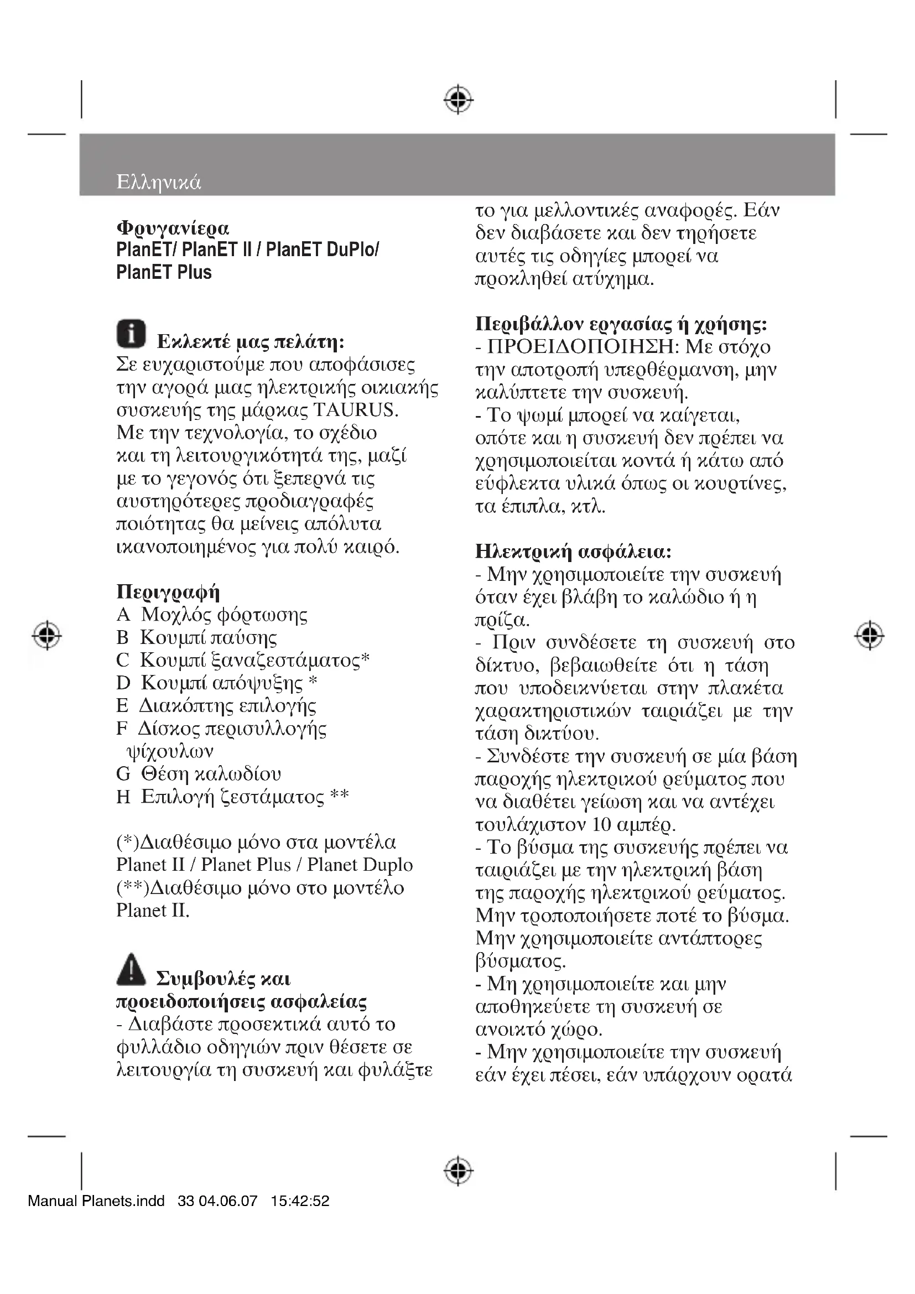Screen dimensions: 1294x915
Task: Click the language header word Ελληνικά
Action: click(x=158, y=183)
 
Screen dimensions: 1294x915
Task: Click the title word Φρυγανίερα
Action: click(x=173, y=228)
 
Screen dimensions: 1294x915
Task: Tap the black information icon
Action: click(x=131, y=333)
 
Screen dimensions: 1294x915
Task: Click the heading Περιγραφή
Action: click(x=168, y=592)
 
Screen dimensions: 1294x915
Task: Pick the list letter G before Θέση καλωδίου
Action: click(x=123, y=774)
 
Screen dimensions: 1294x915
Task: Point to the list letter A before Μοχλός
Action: click(x=123, y=615)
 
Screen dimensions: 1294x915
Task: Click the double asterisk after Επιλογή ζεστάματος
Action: click(x=339, y=795)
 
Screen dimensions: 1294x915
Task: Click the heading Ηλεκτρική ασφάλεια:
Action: click(x=573, y=551)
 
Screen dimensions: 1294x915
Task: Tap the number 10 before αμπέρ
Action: click(x=602, y=824)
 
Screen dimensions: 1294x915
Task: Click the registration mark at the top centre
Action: click(x=458, y=100)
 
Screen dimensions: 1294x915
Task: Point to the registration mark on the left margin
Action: click(x=48, y=635)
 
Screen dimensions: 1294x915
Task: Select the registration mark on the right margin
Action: click(x=869, y=635)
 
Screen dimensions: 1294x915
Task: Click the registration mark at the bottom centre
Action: click(x=458, y=1171)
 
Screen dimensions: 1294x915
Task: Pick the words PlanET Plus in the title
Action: click(x=164, y=272)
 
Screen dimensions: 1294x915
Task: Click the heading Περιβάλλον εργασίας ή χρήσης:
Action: click(x=621, y=324)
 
